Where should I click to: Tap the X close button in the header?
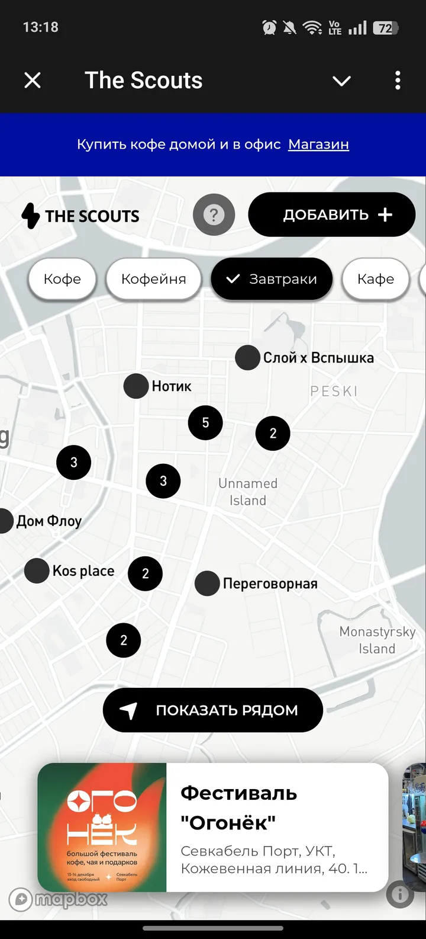tap(33, 80)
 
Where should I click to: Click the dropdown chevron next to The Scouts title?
tap(341, 81)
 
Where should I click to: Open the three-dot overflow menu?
tap(398, 80)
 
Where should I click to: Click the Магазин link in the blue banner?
tap(318, 145)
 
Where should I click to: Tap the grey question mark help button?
tap(214, 215)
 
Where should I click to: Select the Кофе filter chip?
tap(62, 279)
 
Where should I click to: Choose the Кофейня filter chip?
tap(153, 279)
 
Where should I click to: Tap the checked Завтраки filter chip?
tap(272, 279)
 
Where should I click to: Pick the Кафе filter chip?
tap(375, 279)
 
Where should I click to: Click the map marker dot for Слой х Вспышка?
tap(247, 358)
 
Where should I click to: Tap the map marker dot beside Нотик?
tap(136, 386)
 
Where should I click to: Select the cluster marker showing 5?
tap(205, 422)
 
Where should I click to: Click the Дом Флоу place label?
tap(49, 521)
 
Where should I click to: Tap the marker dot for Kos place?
tap(37, 571)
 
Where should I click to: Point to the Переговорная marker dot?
tap(207, 584)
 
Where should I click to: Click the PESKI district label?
tap(334, 391)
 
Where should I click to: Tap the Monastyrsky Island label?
tap(377, 640)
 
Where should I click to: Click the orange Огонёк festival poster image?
tap(102, 827)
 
